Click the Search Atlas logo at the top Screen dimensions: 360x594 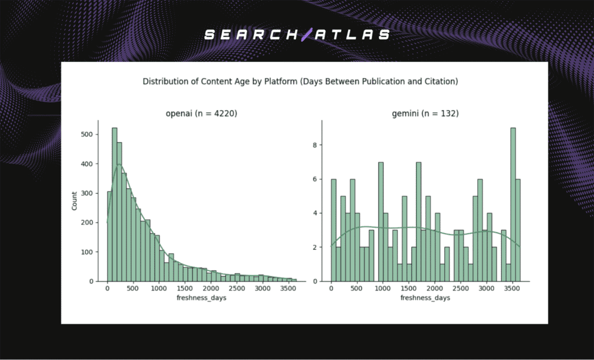coord(297,35)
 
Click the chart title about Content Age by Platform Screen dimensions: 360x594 coord(300,82)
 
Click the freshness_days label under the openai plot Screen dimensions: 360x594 coord(198,298)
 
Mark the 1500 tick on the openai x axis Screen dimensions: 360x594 coord(184,288)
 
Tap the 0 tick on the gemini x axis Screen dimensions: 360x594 coord(331,288)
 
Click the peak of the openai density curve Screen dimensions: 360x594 coord(119,165)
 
